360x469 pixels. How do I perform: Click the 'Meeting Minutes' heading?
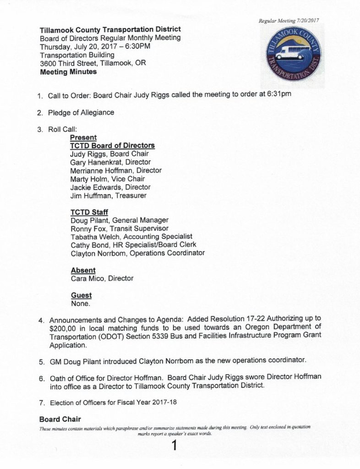68,72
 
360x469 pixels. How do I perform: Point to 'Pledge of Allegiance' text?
81,112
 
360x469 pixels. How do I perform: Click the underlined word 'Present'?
83,137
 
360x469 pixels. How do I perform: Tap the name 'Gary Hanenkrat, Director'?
110,162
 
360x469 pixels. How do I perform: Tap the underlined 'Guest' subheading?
81,295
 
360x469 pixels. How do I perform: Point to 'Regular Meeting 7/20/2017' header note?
288,21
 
